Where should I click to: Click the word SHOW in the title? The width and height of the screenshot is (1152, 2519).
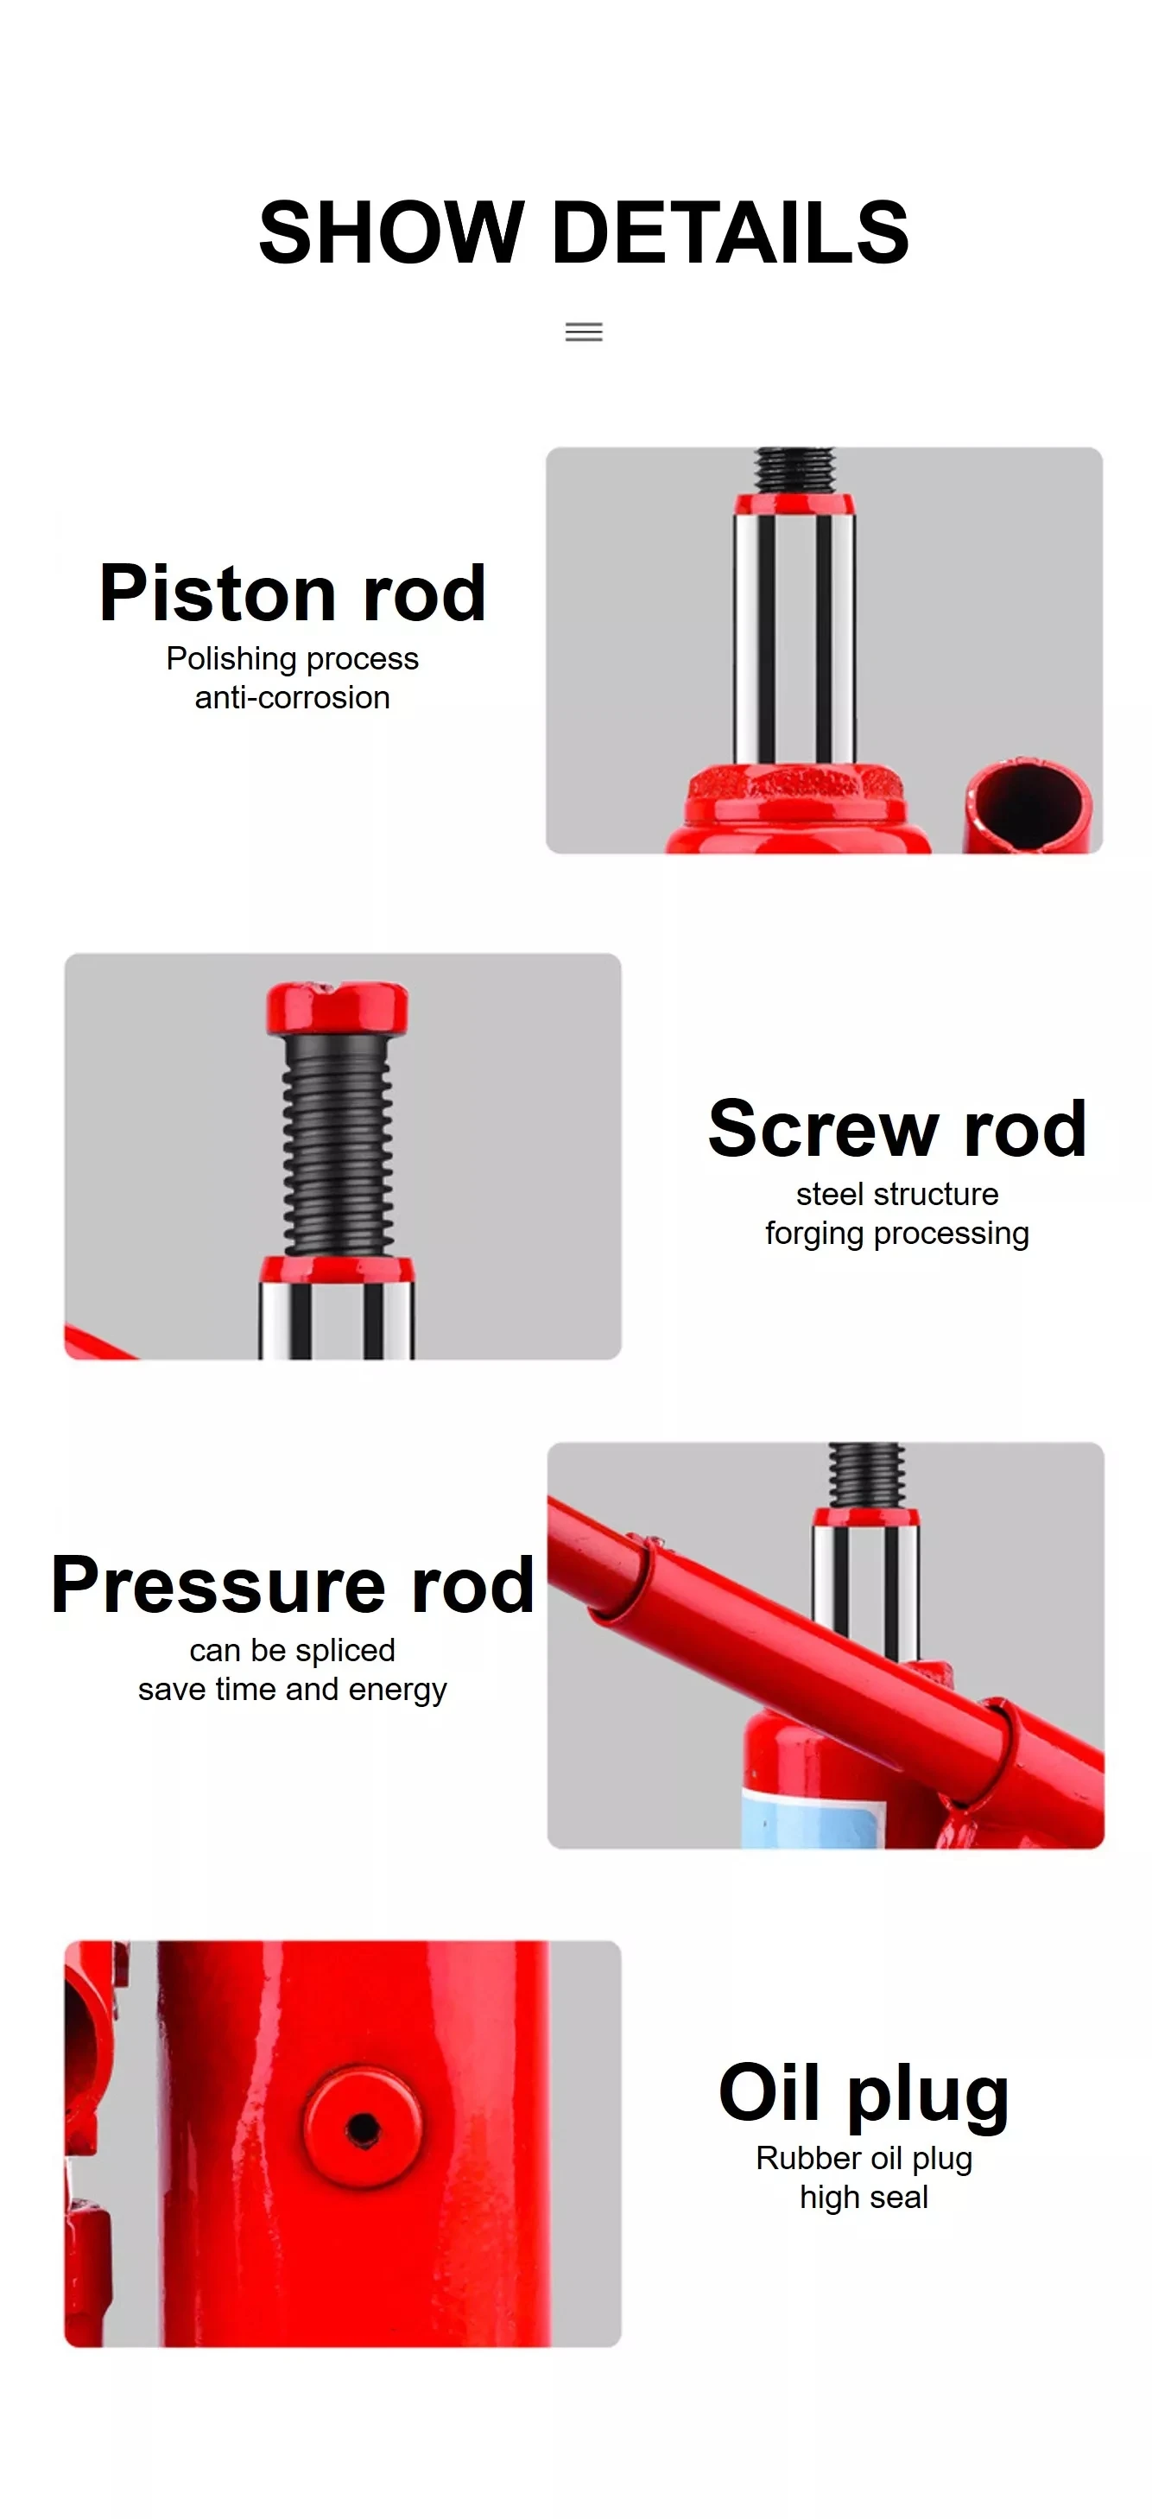coord(391,232)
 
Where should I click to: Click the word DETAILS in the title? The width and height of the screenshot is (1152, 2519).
coord(731,232)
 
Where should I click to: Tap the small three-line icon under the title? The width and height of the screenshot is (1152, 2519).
coord(584,333)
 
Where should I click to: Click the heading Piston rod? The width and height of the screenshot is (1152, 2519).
coord(293,593)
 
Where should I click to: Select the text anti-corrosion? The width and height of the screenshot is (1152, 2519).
coord(293,697)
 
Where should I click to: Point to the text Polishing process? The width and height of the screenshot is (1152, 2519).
coord(293,659)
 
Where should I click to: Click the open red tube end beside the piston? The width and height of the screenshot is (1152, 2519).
coord(1029,803)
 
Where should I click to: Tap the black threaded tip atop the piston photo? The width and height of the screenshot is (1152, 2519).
coord(794,470)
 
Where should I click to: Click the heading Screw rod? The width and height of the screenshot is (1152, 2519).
coord(896,1128)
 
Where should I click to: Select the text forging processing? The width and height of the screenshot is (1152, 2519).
coord(896,1234)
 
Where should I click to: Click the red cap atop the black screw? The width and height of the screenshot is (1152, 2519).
coord(338,1008)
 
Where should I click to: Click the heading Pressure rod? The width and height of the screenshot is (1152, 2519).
coord(293,1584)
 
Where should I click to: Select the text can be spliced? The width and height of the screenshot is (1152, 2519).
coord(293,1651)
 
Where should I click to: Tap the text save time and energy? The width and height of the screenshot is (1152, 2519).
coord(293,1690)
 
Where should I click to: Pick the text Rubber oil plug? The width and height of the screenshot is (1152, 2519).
coord(864,2158)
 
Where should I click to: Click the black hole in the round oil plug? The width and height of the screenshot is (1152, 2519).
coord(364,2126)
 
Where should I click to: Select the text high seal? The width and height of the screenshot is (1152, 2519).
coord(864,2198)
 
